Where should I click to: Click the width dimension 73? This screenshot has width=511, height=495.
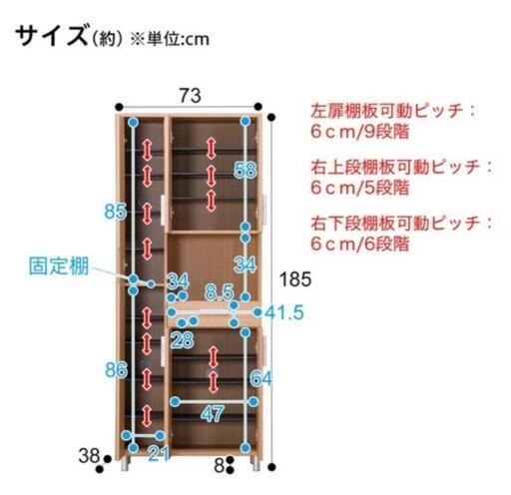(x=191, y=96)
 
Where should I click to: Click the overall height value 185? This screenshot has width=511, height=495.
(x=295, y=279)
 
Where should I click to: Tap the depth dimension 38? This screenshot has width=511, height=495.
(x=89, y=456)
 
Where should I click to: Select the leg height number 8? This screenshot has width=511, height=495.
(x=219, y=466)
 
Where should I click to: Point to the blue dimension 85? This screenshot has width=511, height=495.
(x=116, y=212)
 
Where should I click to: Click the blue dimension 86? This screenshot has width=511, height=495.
(x=117, y=370)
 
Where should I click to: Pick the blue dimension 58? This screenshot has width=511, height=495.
(x=246, y=170)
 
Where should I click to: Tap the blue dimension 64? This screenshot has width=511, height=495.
(x=261, y=378)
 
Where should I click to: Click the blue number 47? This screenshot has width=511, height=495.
(x=213, y=414)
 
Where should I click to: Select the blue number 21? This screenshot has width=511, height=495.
(x=159, y=454)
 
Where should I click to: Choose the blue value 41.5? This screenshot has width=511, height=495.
(x=284, y=312)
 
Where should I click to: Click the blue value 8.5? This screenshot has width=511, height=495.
(x=220, y=292)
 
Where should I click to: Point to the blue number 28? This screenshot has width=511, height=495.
(x=183, y=340)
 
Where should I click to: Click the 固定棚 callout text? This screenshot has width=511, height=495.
(x=59, y=266)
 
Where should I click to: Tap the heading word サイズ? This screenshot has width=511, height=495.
(x=52, y=36)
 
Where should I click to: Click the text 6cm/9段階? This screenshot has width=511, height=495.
(x=359, y=132)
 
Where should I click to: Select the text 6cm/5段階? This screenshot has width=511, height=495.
(x=359, y=188)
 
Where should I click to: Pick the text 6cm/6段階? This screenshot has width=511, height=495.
(x=359, y=245)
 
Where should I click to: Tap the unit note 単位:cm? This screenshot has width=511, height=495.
(x=178, y=39)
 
